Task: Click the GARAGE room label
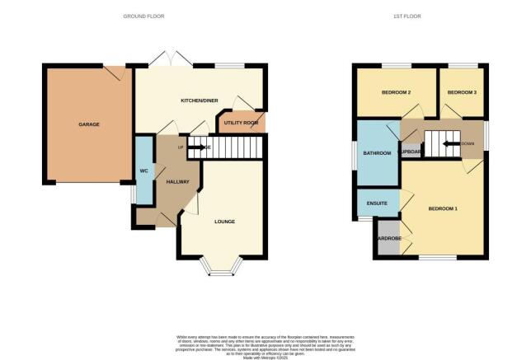point(89,124)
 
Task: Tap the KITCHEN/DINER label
point(199,101)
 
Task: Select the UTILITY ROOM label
point(240,123)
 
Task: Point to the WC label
point(143,171)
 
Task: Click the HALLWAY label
point(178,181)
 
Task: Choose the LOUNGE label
point(224,222)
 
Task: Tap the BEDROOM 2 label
point(397,92)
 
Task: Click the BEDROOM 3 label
point(462,92)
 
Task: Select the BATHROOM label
point(376,153)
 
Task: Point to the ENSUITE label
point(376,202)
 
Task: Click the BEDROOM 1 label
point(443,208)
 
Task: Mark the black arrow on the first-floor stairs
point(450,143)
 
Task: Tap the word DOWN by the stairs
point(468,143)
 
